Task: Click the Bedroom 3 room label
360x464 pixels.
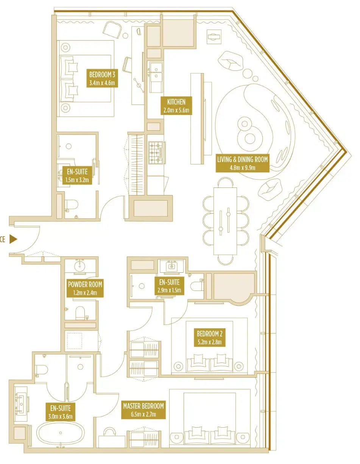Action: click(x=102, y=78)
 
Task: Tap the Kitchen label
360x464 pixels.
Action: click(x=176, y=106)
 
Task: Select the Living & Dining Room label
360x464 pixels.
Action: click(x=242, y=163)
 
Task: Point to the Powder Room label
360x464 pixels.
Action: click(x=85, y=288)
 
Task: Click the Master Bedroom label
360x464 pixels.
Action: click(x=143, y=409)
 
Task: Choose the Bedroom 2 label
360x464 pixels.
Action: click(x=209, y=337)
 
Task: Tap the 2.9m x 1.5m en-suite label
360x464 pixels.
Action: click(x=169, y=286)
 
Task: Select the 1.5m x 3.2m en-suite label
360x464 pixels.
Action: click(x=77, y=175)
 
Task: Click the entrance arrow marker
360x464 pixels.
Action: click(x=13, y=239)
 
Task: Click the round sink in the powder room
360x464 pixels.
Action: click(x=79, y=266)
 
